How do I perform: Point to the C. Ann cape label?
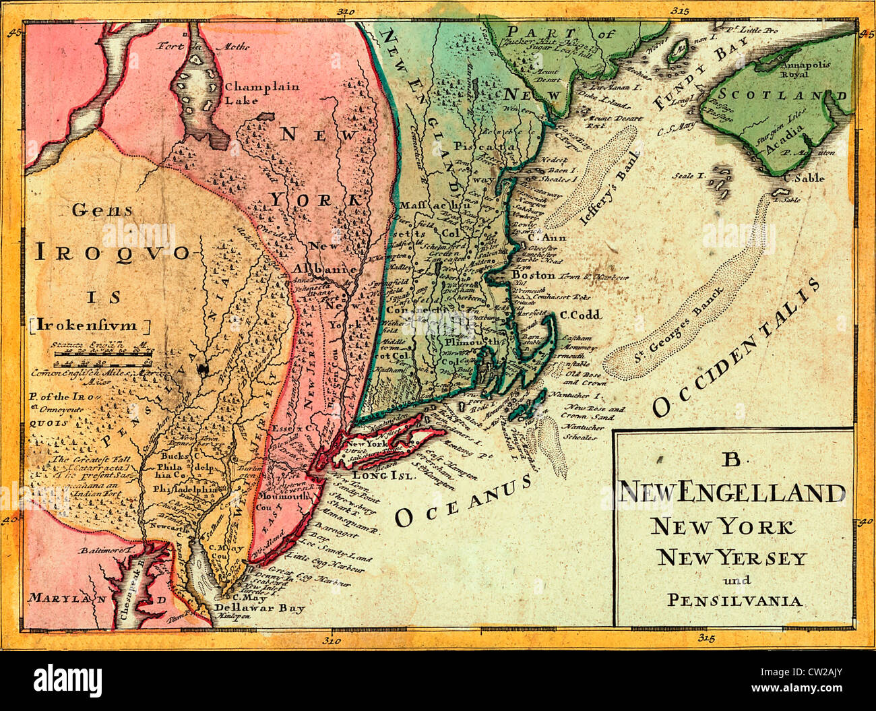tap(546, 237)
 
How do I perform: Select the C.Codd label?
tap(580, 315)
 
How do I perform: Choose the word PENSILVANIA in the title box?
tap(734, 600)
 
